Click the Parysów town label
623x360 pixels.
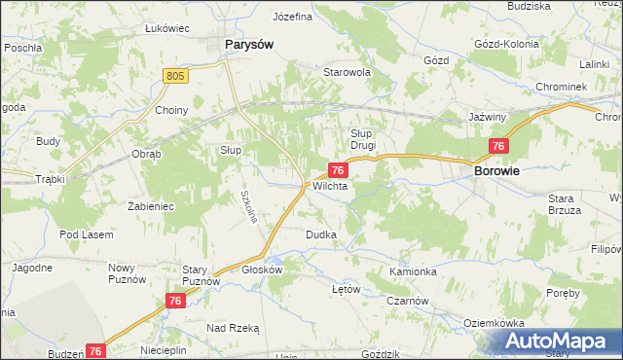point(248,44)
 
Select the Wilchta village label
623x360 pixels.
point(330,186)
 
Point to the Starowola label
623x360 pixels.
point(348,72)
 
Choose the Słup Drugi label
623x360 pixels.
point(363,139)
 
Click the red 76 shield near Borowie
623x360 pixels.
point(498,146)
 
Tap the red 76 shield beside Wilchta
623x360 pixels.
point(335,169)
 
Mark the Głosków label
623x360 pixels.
point(261,270)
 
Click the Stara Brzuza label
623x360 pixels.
point(564,204)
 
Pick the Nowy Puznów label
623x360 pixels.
point(127,273)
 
